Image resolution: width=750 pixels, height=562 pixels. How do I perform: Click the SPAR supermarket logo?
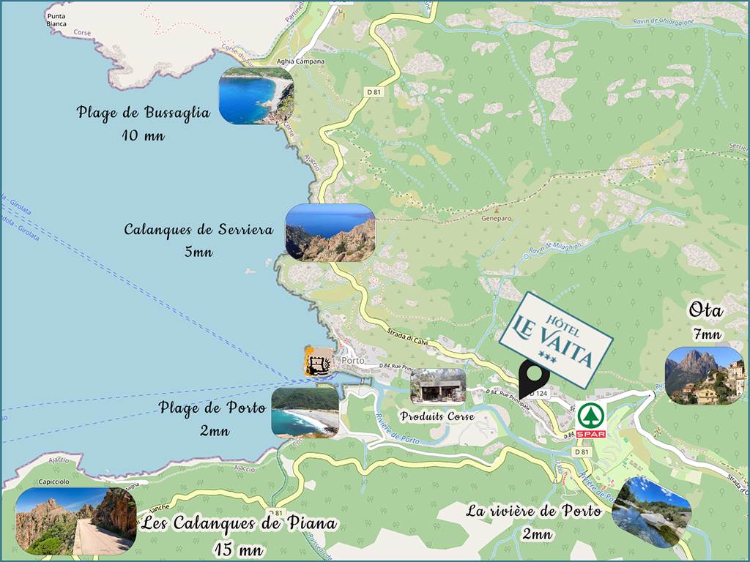(x=591, y=419)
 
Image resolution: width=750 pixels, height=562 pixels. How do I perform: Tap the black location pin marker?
(x=534, y=378)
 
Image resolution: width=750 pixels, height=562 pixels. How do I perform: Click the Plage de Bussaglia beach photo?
(x=256, y=95)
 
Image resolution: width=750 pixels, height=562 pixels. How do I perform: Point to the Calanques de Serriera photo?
(x=330, y=233)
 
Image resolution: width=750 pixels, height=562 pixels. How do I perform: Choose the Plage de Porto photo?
(x=305, y=412)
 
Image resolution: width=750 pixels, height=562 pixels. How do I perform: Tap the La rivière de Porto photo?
(x=651, y=512)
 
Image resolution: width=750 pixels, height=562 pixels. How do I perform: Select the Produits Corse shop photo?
(x=438, y=386)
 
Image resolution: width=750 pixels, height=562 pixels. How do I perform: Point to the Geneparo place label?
(x=495, y=217)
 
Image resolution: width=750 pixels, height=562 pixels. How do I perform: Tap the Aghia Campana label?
(x=300, y=62)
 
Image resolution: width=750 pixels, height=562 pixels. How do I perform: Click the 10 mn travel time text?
(x=144, y=135)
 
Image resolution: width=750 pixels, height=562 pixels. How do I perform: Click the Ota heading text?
(x=706, y=311)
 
